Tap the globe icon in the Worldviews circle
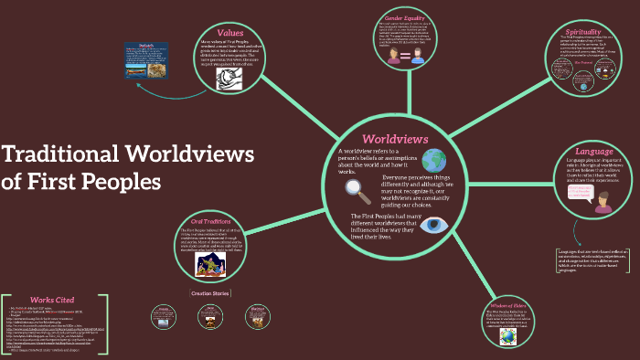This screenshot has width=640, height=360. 432,161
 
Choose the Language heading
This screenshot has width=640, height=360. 594,151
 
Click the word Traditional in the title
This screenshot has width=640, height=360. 63,154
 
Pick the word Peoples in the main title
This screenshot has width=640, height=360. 119,181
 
